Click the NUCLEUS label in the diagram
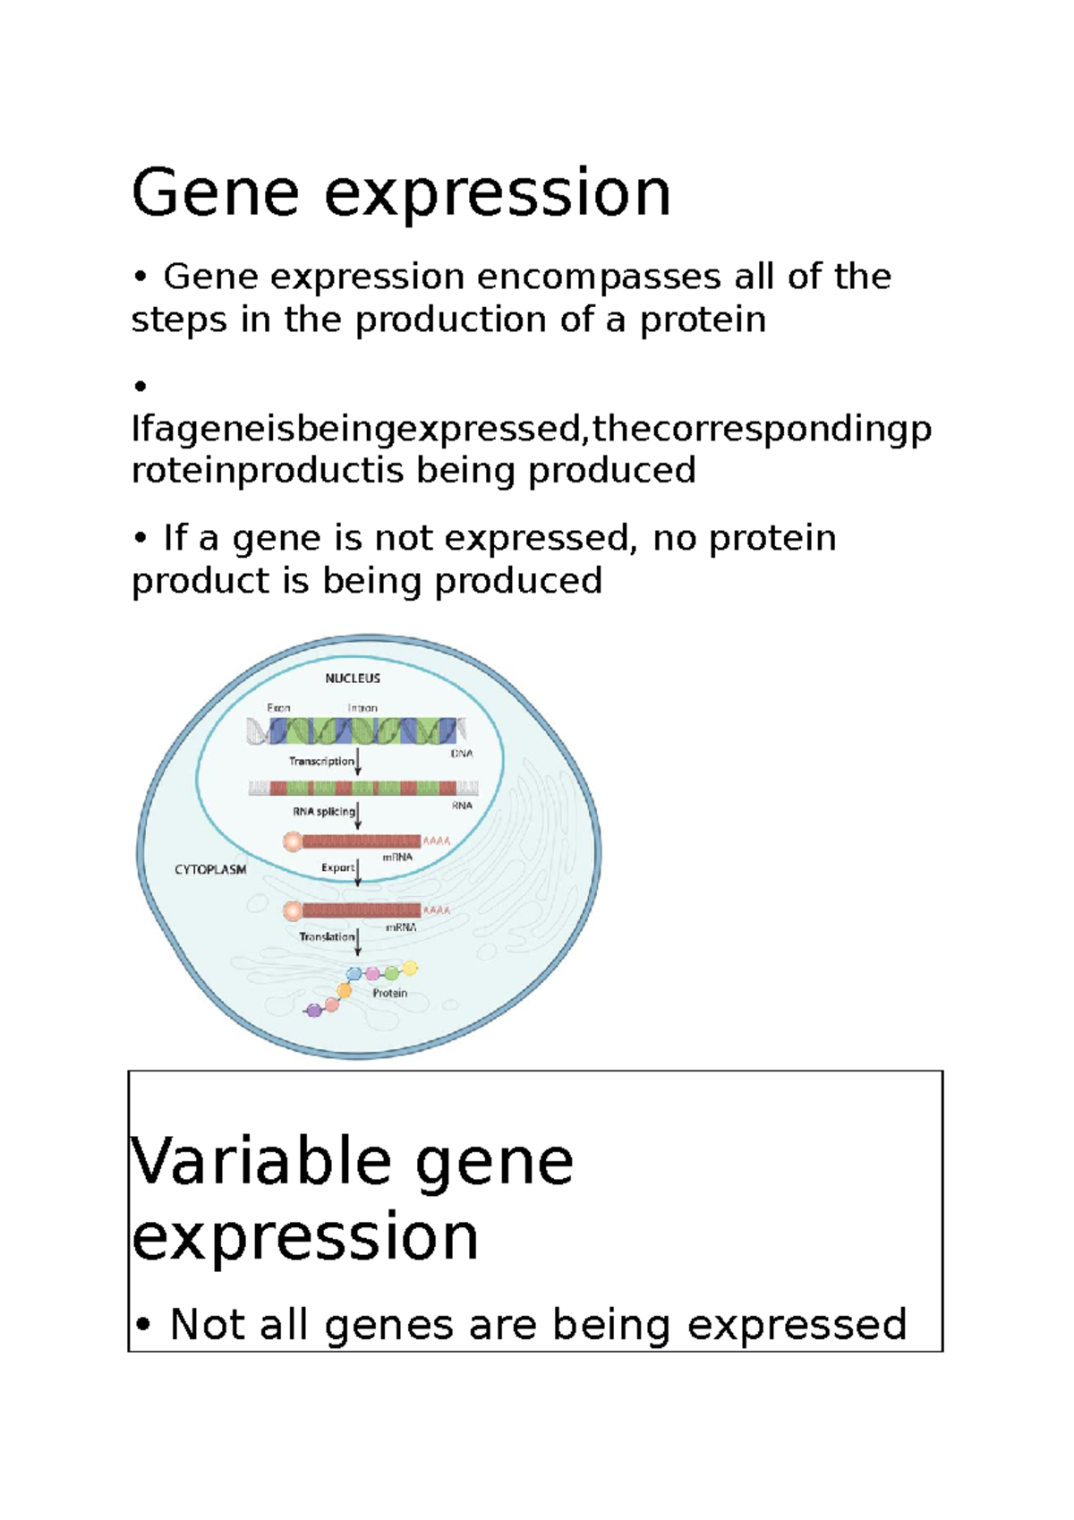tap(353, 679)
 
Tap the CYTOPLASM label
tap(210, 869)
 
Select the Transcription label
tap(321, 761)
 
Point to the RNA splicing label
tap(323, 812)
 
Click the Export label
tap(337, 867)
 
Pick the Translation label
tap(327, 936)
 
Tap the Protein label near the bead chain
tap(389, 993)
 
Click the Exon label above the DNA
tap(278, 707)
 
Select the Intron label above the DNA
tap(362, 707)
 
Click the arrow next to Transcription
tap(358, 762)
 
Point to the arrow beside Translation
tap(358, 942)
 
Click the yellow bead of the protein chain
tap(410, 968)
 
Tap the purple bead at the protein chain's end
tap(313, 1011)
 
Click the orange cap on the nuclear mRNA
tap(293, 841)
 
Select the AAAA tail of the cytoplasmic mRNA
tap(436, 910)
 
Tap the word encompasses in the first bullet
tap(599, 277)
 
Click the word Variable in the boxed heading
tap(260, 1161)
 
